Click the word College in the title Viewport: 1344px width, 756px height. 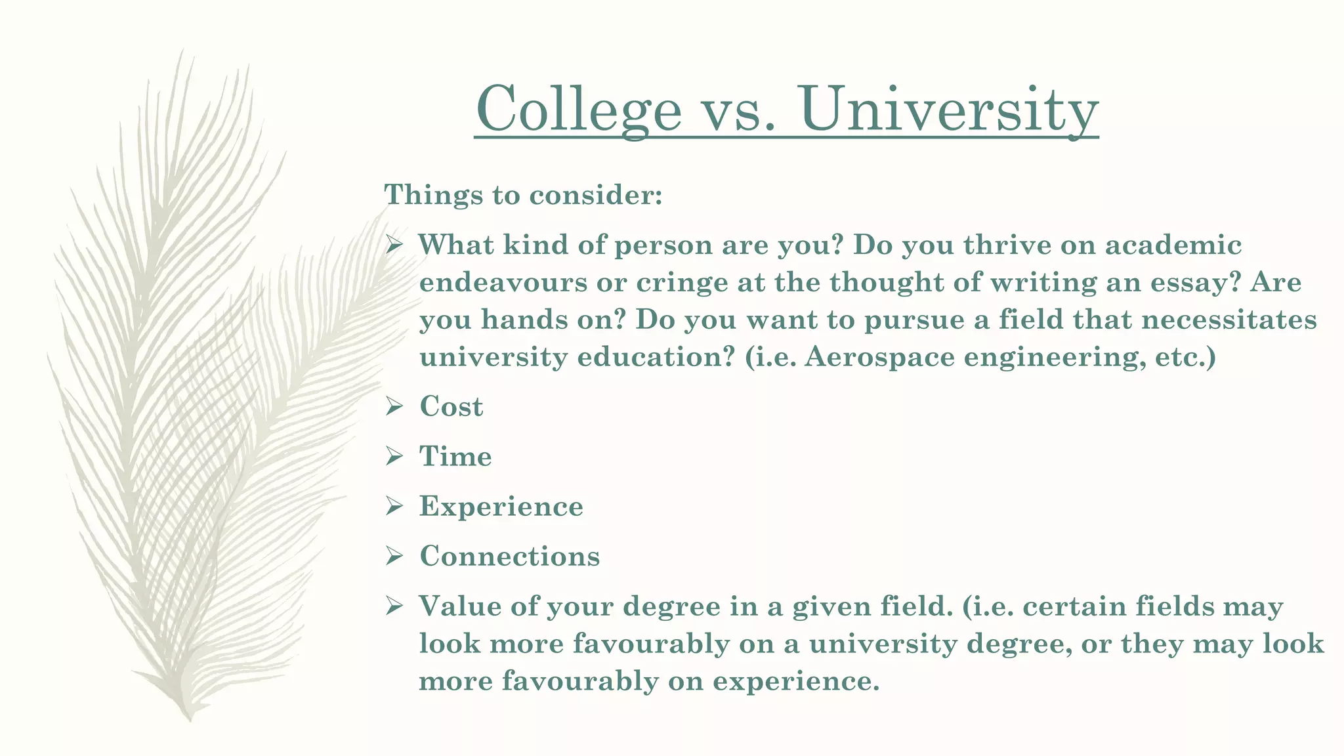[x=579, y=109]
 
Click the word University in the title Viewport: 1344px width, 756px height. [x=949, y=109]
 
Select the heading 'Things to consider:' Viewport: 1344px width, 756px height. [x=523, y=195]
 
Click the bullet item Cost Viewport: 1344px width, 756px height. [x=451, y=407]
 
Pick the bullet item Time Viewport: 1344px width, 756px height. [x=455, y=457]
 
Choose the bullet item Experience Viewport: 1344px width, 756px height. [x=501, y=507]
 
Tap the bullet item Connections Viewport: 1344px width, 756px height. [x=509, y=556]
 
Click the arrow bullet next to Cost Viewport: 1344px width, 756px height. [x=394, y=407]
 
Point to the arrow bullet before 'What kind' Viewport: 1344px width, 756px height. [x=394, y=245]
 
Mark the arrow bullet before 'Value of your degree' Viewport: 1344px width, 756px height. [x=394, y=606]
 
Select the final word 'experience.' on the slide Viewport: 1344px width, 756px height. [x=795, y=681]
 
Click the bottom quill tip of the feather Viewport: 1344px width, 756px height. [x=190, y=719]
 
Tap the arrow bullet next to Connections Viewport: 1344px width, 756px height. [x=394, y=556]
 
